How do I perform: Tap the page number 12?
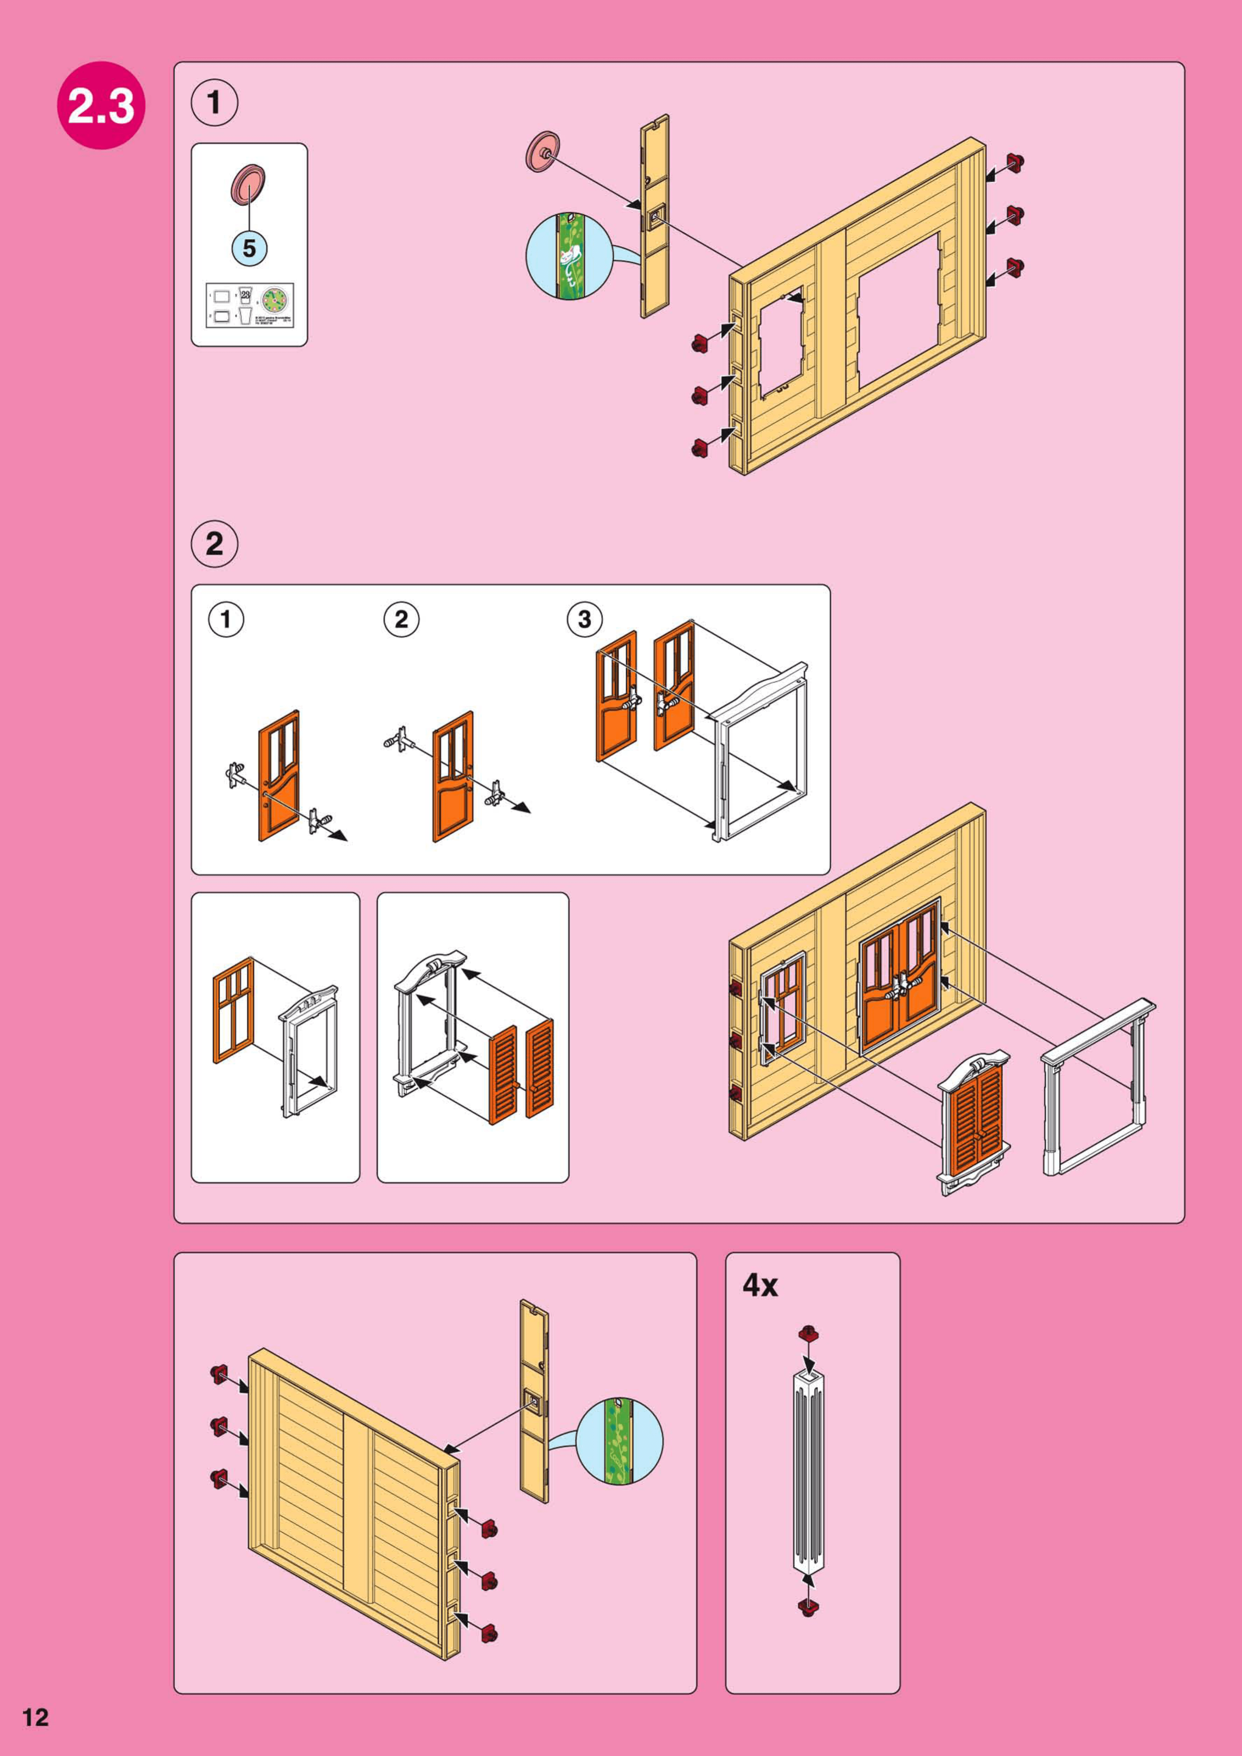point(35,1717)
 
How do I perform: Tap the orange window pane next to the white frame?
point(233,1010)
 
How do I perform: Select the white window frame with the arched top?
point(428,1025)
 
